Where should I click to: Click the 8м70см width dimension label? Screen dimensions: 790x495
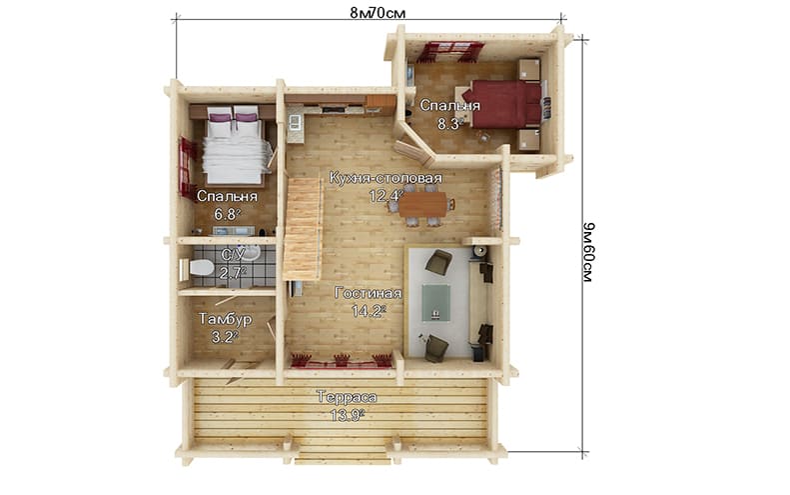(x=378, y=13)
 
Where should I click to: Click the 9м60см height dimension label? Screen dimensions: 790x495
(x=588, y=252)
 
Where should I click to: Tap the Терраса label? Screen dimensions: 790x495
(x=347, y=397)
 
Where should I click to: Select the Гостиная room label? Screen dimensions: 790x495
(x=369, y=293)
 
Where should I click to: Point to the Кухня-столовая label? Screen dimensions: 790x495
(x=386, y=178)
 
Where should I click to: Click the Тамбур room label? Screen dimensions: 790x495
(x=225, y=319)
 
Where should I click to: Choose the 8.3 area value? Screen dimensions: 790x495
(x=449, y=124)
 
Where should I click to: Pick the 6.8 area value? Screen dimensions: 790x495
(x=227, y=214)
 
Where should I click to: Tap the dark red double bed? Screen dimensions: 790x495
(x=502, y=104)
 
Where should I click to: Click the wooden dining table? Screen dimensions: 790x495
(x=423, y=204)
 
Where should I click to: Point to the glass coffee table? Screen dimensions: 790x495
(x=436, y=302)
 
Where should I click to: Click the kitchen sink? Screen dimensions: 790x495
(x=295, y=121)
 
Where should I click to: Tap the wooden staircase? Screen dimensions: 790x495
(x=303, y=228)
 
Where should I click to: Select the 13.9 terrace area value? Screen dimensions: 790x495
(x=347, y=415)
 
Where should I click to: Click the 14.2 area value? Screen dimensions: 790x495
(x=369, y=311)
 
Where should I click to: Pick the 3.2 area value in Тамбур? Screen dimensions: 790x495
(x=224, y=337)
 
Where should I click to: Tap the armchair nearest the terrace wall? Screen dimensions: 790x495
(x=435, y=348)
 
